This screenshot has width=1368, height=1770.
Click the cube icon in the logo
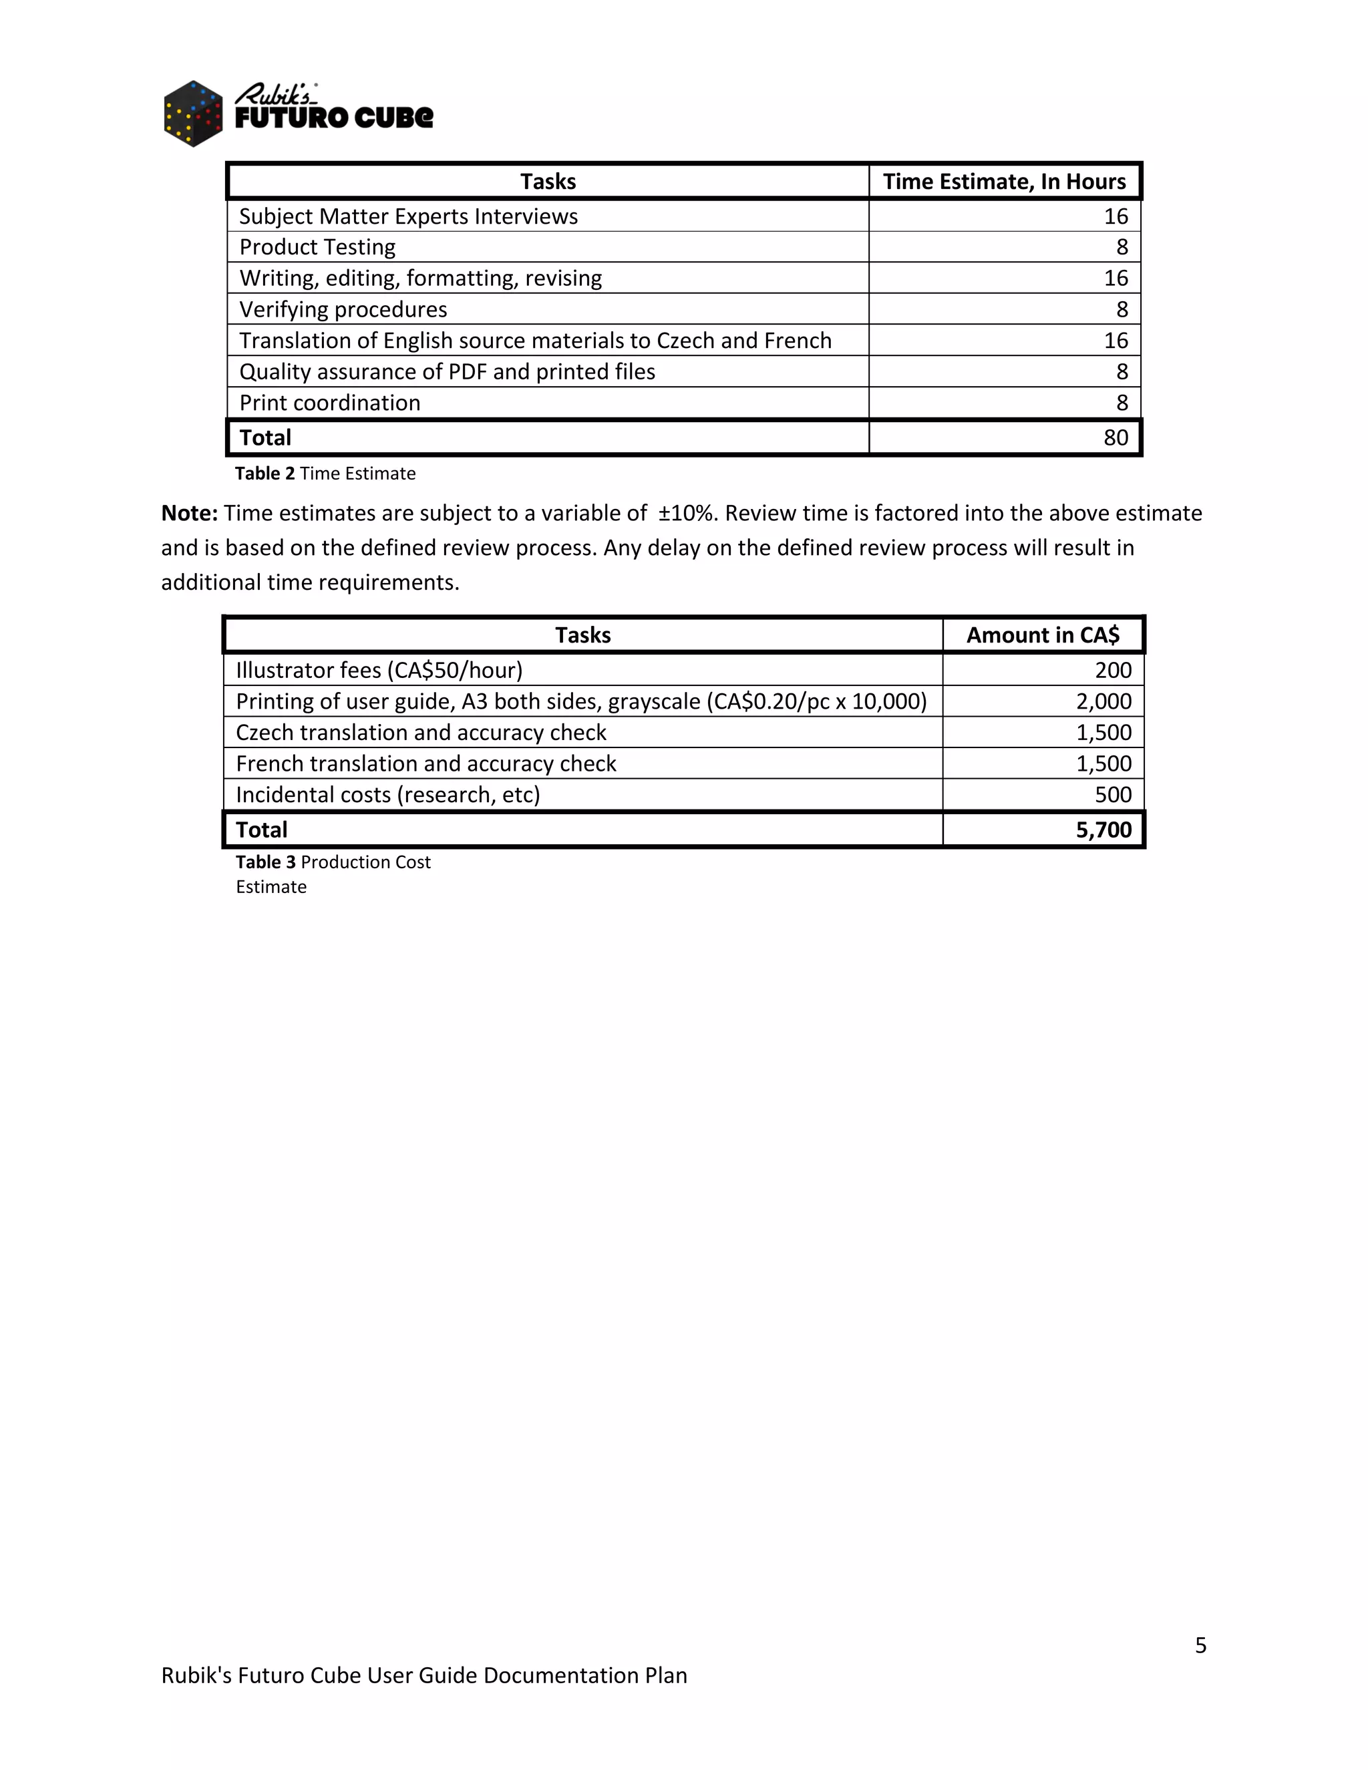point(193,114)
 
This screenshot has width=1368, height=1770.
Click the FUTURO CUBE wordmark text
point(334,118)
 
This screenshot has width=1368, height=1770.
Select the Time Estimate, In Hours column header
point(1003,182)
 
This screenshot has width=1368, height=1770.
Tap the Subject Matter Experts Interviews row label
point(407,216)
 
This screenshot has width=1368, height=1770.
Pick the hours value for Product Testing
point(1122,247)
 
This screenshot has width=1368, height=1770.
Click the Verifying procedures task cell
point(343,310)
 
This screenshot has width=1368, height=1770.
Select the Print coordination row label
point(329,403)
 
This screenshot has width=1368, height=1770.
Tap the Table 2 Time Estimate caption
point(325,474)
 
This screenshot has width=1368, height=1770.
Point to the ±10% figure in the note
point(687,513)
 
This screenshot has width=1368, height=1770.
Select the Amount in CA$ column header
point(1042,635)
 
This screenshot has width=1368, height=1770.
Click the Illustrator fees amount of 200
point(1113,670)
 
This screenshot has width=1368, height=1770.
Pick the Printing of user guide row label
point(580,701)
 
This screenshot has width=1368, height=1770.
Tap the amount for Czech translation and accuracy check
point(1103,733)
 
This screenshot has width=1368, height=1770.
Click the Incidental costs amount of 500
point(1113,795)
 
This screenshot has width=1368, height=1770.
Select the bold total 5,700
point(1103,830)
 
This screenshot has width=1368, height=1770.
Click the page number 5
point(1200,1645)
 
